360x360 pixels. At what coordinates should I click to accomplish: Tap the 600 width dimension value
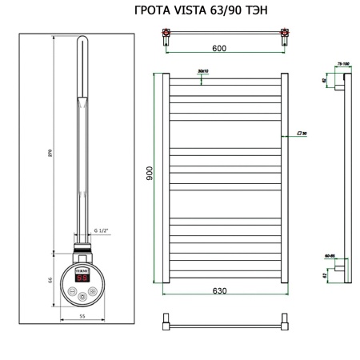click(x=219, y=48)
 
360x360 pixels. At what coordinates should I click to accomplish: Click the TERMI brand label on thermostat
click(x=82, y=272)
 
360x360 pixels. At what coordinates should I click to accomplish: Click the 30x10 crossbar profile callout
click(x=202, y=72)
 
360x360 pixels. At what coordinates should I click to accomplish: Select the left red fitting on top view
click(x=166, y=33)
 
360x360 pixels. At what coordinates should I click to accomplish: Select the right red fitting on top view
click(x=283, y=33)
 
